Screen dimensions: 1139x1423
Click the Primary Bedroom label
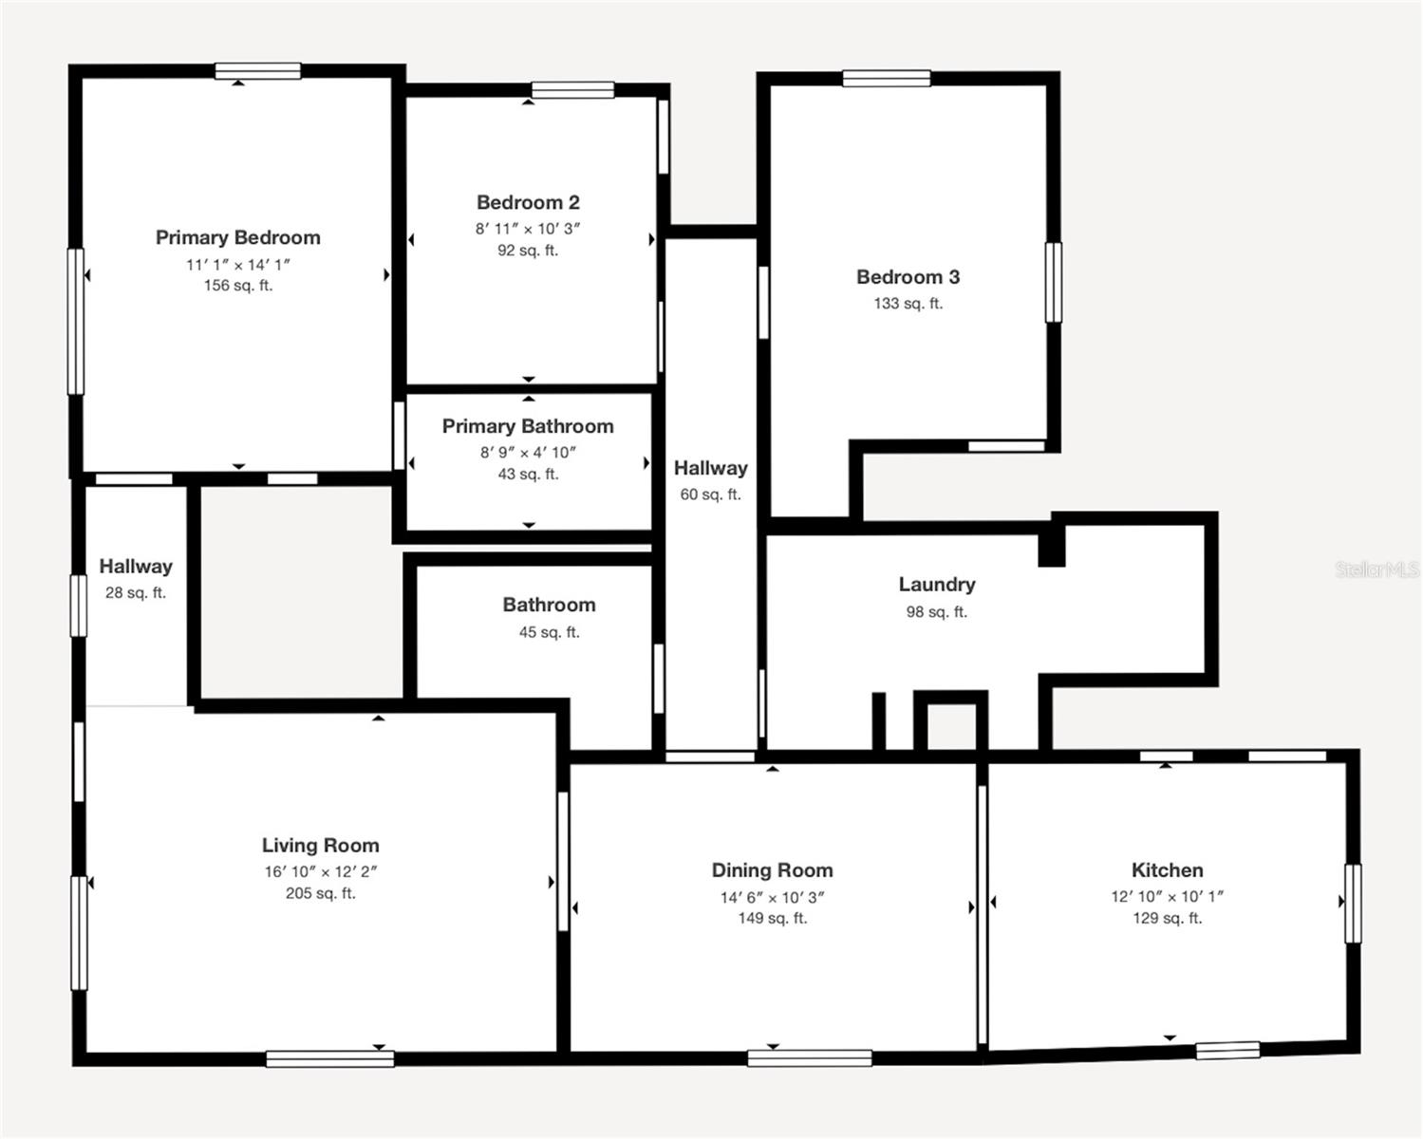point(237,237)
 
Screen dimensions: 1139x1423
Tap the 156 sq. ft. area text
point(237,286)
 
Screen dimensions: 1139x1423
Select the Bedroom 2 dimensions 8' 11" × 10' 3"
point(528,229)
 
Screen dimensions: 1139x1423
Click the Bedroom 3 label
point(908,277)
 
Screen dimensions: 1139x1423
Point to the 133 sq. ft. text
point(908,304)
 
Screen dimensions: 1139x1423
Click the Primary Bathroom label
point(528,426)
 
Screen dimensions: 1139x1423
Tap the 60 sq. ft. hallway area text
point(710,495)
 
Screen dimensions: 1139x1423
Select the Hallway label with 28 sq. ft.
point(136,567)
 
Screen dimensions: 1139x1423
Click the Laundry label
point(936,585)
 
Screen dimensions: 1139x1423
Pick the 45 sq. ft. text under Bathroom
point(549,632)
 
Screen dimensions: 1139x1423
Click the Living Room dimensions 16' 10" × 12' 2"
point(321,871)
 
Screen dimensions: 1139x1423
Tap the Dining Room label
point(772,870)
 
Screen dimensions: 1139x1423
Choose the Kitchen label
point(1167,870)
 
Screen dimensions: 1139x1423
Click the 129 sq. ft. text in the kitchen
point(1167,919)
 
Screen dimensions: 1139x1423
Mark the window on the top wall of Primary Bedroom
point(257,71)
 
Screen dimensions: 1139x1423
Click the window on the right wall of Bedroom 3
point(1053,282)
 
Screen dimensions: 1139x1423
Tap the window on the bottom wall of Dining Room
point(809,1057)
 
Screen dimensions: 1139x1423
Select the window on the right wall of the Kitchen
point(1353,903)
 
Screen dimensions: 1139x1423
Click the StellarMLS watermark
point(1376,569)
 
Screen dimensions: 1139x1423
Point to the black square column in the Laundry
point(1051,547)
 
